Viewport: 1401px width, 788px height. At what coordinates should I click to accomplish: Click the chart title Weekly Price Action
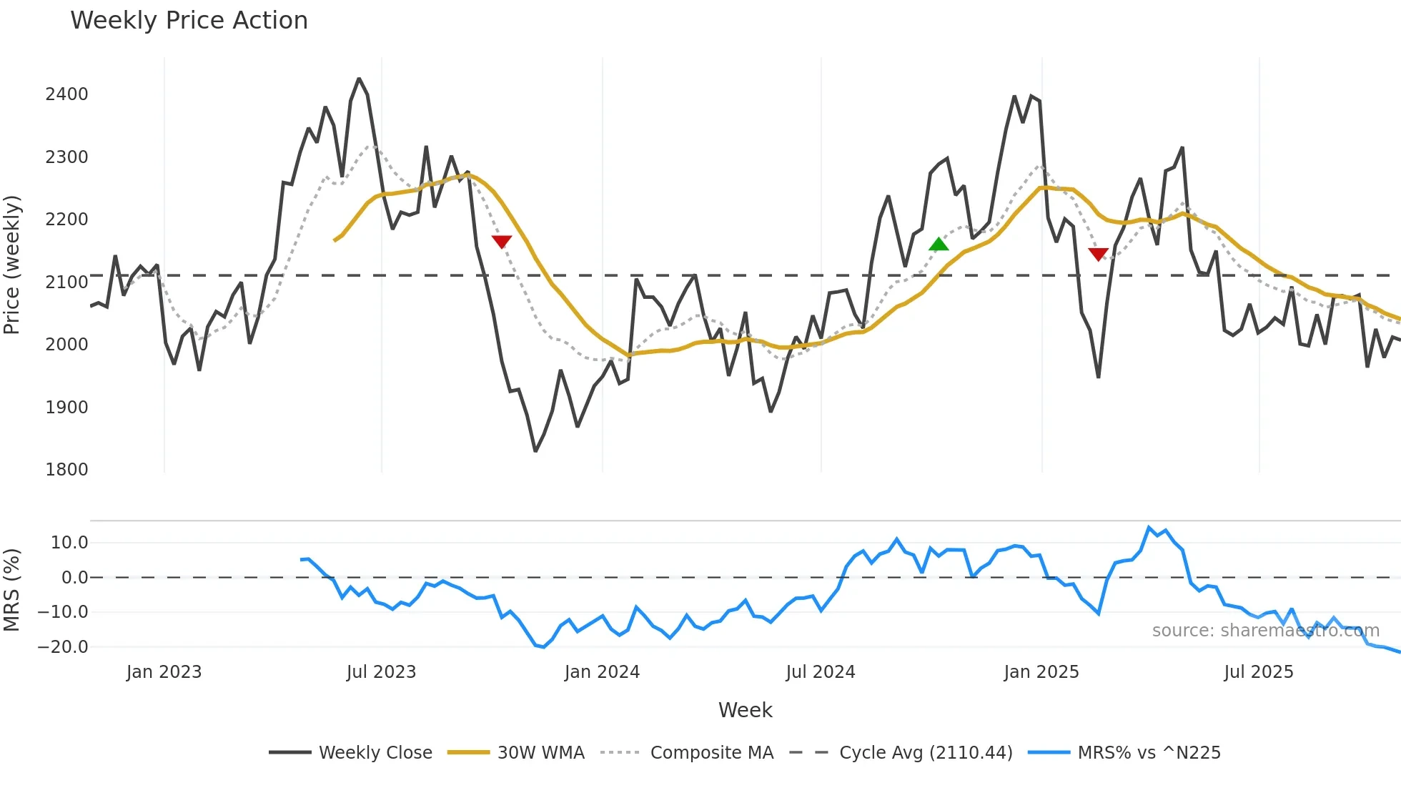click(x=189, y=21)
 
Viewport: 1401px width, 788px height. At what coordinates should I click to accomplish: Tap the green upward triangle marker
click(x=939, y=245)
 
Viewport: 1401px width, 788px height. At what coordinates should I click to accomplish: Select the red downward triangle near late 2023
click(x=502, y=242)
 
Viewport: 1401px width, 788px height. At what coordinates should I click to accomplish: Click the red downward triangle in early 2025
click(x=1098, y=254)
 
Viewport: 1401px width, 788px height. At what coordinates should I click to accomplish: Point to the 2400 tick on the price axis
click(x=66, y=94)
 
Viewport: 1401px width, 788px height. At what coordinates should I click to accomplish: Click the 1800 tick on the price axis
click(x=66, y=470)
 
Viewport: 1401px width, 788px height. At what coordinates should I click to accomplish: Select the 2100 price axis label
click(x=66, y=282)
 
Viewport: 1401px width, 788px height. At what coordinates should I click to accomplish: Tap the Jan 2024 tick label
click(x=602, y=672)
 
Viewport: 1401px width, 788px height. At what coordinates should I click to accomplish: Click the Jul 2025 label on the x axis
click(x=1258, y=672)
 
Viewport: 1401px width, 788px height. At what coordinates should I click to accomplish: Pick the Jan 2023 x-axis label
click(x=164, y=672)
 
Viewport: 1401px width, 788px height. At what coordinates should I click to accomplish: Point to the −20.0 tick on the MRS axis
click(x=62, y=647)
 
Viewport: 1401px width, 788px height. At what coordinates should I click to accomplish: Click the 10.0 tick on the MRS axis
click(x=69, y=543)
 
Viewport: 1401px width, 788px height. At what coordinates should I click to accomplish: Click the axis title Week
click(x=745, y=710)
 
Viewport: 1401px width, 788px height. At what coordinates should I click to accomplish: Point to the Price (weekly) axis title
click(x=12, y=265)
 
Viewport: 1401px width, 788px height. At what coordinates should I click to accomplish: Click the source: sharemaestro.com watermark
click(x=1265, y=631)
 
